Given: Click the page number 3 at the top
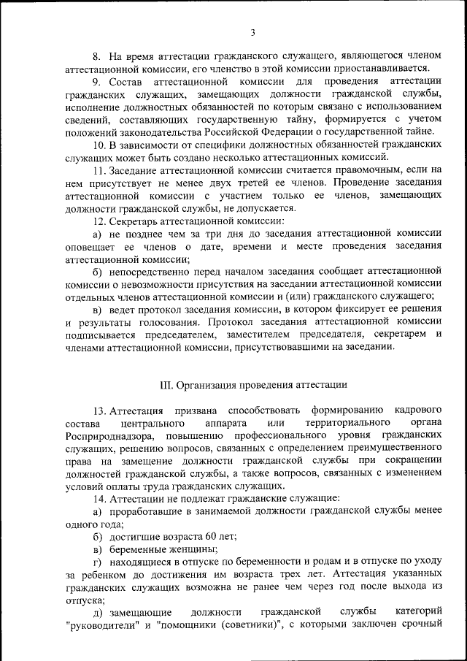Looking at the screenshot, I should pyautogui.click(x=252, y=32).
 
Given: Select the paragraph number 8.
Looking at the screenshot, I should pyautogui.click(x=96, y=56).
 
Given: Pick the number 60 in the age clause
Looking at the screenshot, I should pyautogui.click(x=189, y=535).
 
